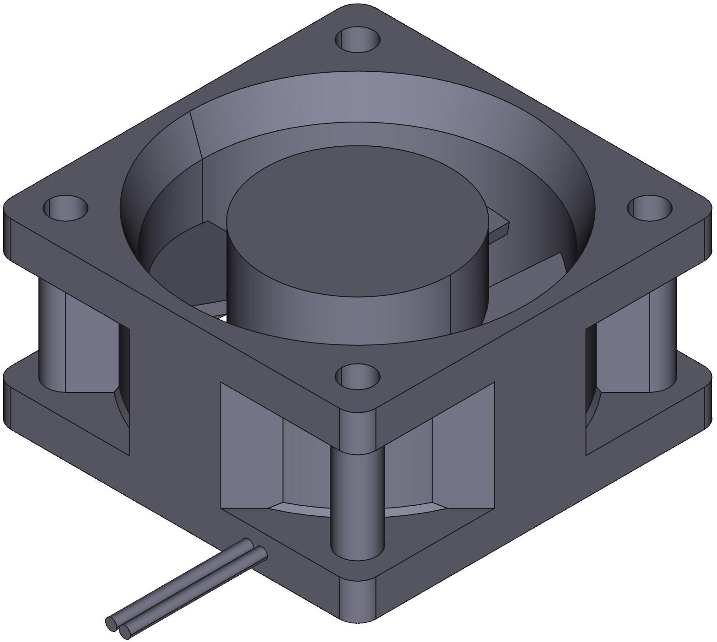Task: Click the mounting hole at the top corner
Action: (357, 40)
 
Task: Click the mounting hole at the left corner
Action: (65, 208)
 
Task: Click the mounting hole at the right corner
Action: (649, 208)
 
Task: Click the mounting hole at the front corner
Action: (357, 376)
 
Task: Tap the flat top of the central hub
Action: (357, 219)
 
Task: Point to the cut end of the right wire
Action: (124, 632)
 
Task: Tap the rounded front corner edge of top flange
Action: (357, 428)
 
